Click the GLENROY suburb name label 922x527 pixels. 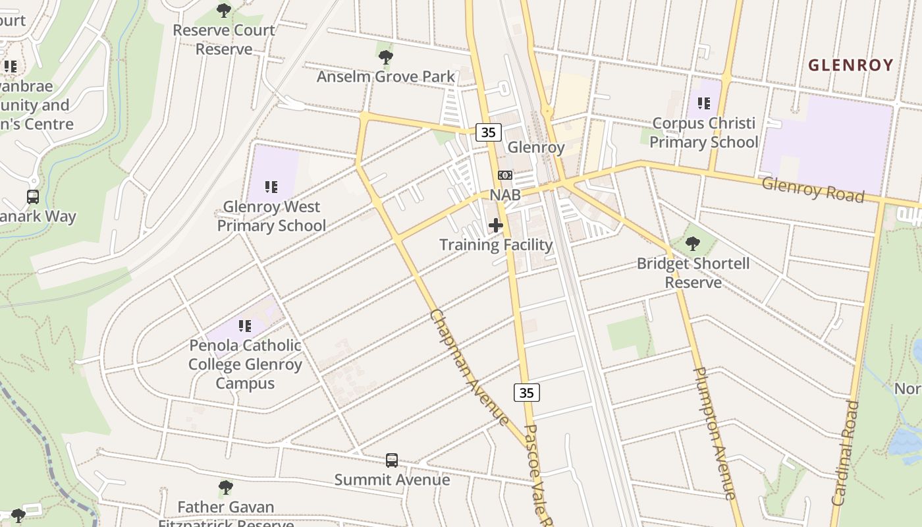coord(850,65)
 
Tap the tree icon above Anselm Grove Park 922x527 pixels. coord(386,57)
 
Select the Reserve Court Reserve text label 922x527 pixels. coord(224,40)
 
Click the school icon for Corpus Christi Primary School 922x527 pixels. coord(704,103)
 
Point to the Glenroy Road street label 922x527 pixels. coord(813,189)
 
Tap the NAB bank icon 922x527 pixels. coord(505,175)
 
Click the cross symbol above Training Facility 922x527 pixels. coord(496,226)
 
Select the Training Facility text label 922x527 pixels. coord(496,245)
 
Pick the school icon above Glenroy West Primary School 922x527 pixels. coord(271,187)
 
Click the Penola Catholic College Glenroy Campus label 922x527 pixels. coord(245,364)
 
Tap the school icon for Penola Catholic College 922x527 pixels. coord(245,325)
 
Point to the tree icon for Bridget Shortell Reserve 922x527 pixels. coord(693,244)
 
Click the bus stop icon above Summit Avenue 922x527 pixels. coord(392,460)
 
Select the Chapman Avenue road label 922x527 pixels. coord(469,367)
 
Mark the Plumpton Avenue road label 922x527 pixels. coord(714,433)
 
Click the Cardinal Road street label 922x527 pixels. coord(846,453)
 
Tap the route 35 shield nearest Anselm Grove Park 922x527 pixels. coord(488,132)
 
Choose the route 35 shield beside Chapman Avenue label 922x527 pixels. coord(526,393)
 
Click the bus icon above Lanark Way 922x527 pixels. coord(32,196)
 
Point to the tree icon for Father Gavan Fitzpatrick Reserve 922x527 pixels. coord(226,488)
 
